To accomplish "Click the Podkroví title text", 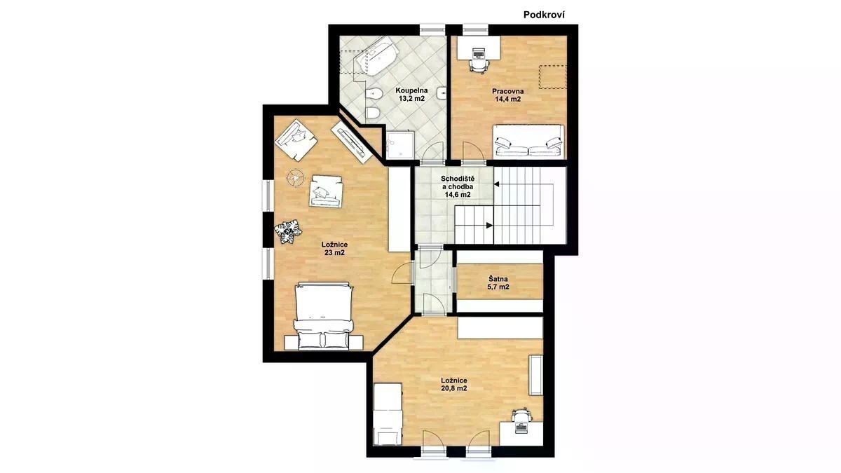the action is [x=544, y=15].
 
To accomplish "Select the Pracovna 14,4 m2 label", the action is [x=507, y=95].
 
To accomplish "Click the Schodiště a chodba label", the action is [x=457, y=186].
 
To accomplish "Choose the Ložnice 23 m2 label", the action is [x=334, y=249].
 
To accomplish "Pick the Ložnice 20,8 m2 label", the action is [x=454, y=385].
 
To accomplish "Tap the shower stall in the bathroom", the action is [x=400, y=144].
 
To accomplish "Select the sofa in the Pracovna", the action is [x=528, y=141].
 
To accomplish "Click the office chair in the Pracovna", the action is [x=479, y=65].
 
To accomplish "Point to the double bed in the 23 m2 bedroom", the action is [x=323, y=317].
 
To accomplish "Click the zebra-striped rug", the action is [x=288, y=231].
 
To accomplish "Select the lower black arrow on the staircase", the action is [x=490, y=225].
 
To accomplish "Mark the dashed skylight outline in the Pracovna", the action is [x=553, y=77].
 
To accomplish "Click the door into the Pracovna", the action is [x=474, y=153].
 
